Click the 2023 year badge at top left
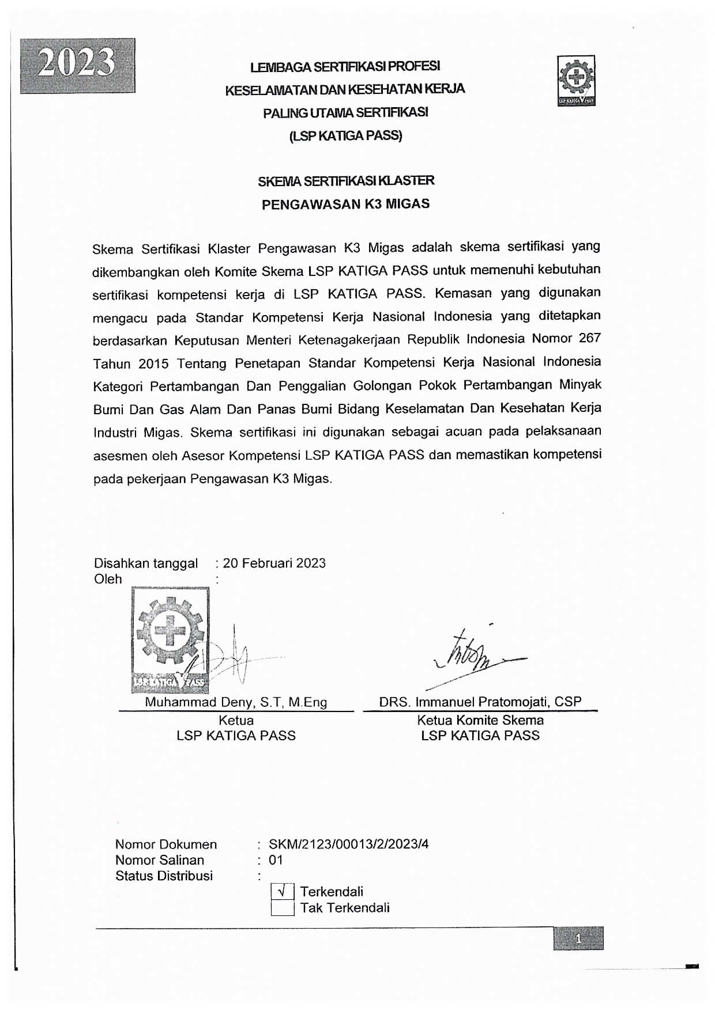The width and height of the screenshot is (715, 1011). (x=78, y=66)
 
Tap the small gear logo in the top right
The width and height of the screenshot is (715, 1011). (x=575, y=81)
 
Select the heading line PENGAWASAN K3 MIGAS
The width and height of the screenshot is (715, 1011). (x=345, y=204)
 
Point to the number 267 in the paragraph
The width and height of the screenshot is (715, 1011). (x=589, y=338)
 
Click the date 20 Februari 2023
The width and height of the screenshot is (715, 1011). (x=274, y=563)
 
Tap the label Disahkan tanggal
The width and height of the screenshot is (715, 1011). (x=146, y=563)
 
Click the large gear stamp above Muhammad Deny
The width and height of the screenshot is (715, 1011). (x=170, y=639)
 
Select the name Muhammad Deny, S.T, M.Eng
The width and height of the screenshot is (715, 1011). (x=236, y=702)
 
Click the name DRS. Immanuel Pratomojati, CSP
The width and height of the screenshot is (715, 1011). (x=480, y=702)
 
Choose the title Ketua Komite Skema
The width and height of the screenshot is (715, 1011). (x=480, y=720)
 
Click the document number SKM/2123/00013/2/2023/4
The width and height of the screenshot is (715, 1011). (x=348, y=845)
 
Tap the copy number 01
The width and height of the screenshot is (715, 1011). (x=276, y=860)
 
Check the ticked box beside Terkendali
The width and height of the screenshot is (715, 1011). (x=283, y=892)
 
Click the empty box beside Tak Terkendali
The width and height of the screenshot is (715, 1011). (x=283, y=908)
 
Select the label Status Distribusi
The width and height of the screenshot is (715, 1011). (x=164, y=876)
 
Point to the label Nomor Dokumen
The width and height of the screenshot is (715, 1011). (x=166, y=845)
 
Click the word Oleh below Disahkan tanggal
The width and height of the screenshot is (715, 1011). (x=108, y=579)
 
